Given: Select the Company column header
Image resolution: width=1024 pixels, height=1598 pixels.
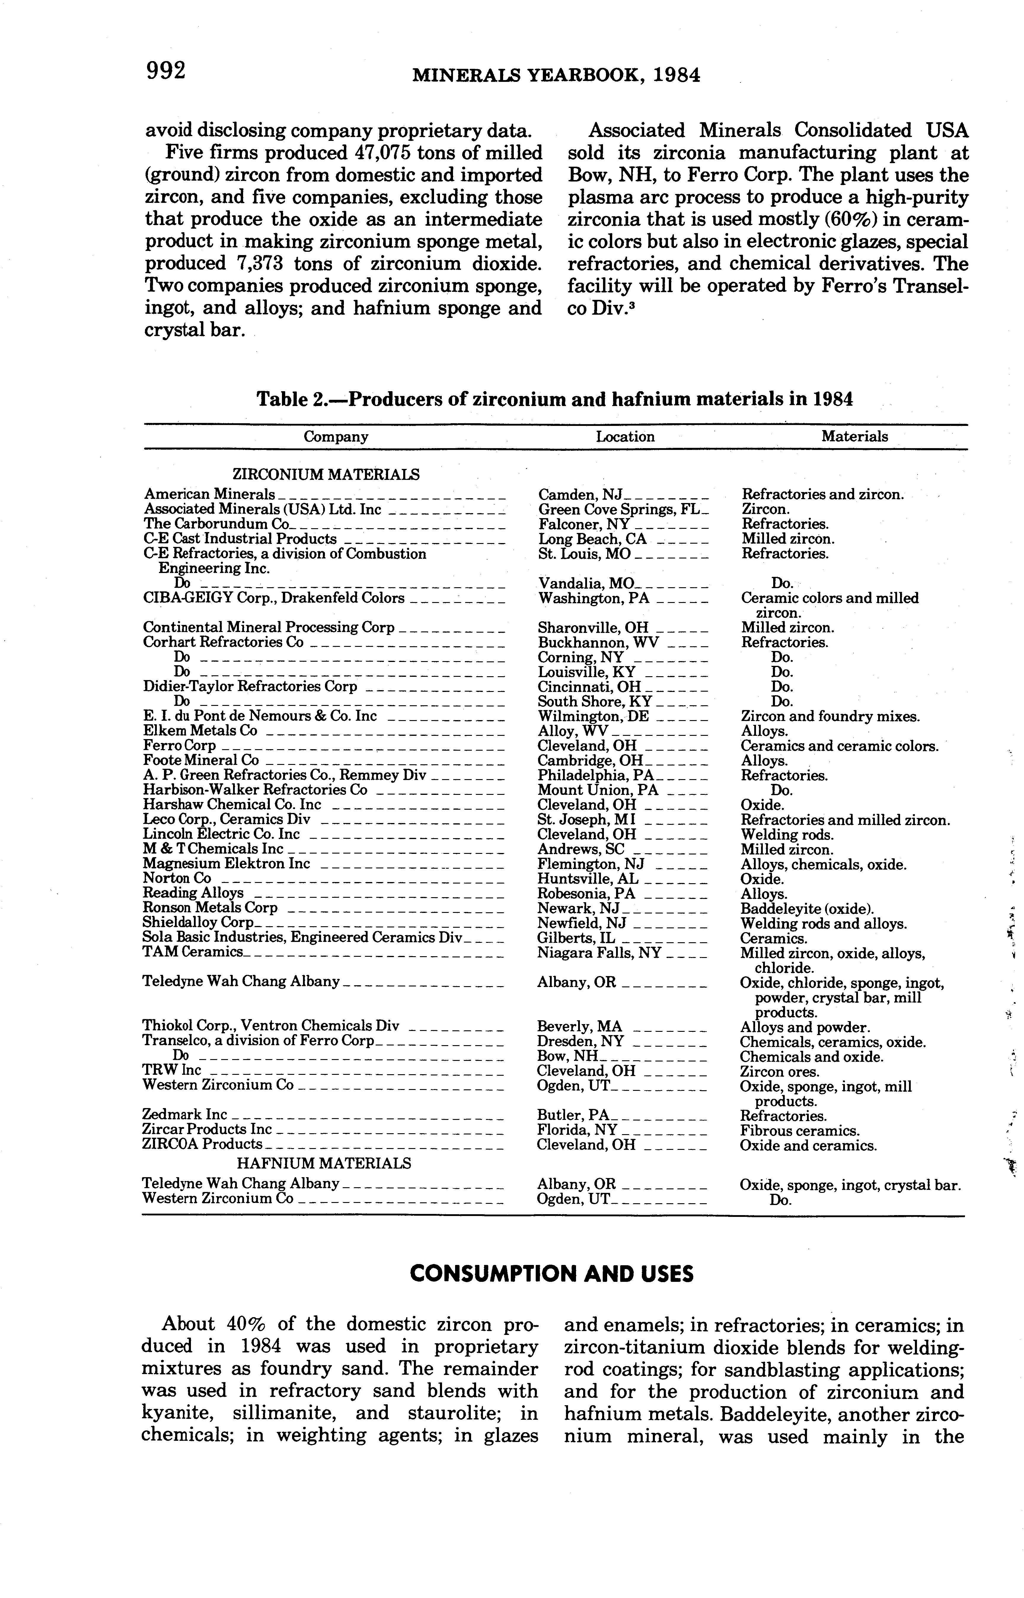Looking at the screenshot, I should pos(336,437).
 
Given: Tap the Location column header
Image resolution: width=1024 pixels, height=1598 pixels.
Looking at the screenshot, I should pos(625,437).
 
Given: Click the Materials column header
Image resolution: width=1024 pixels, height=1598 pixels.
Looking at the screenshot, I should pos(854,437).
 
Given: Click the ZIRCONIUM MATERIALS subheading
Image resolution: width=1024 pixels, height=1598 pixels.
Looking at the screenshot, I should pos(326,475).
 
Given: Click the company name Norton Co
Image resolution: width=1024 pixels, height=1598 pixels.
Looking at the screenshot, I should pos(177,878).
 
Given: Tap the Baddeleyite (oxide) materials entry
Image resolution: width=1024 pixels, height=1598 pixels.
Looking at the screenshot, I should pos(807,908).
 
